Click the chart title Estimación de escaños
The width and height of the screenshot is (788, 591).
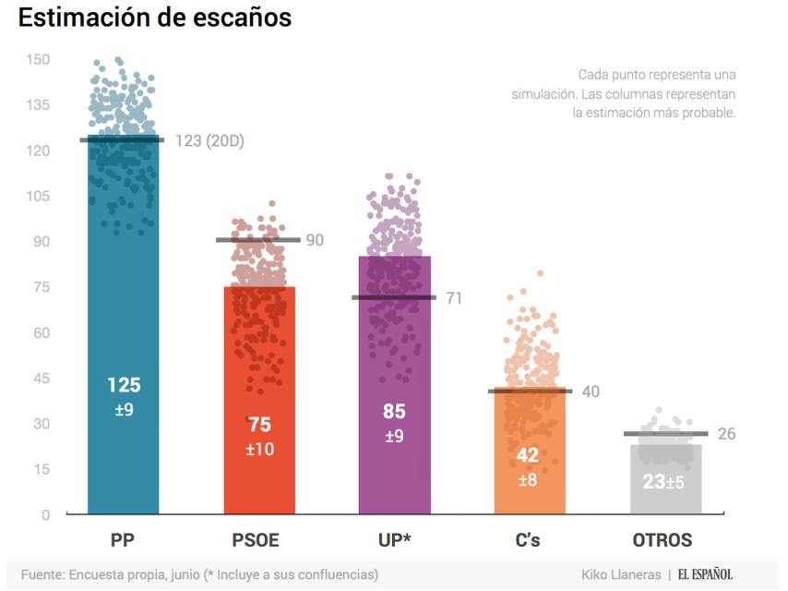click(155, 18)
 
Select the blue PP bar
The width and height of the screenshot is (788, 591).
click(124, 323)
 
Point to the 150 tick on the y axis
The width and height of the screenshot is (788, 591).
click(38, 60)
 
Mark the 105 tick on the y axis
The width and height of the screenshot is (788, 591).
click(38, 197)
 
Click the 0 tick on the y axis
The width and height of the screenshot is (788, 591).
click(45, 514)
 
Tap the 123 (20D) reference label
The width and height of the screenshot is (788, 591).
click(209, 141)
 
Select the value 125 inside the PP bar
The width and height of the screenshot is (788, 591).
click(124, 385)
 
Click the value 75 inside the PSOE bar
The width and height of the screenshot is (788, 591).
click(259, 425)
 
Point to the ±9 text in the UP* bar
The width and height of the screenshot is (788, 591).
click(395, 436)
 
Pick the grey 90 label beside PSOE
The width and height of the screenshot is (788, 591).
click(315, 240)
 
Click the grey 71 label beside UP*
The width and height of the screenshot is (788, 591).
click(453, 298)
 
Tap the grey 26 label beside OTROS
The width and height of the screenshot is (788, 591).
click(726, 434)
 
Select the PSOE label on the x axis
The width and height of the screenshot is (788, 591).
click(255, 541)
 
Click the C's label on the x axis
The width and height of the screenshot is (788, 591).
click(528, 541)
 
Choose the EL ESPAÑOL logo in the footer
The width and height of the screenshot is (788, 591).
click(705, 574)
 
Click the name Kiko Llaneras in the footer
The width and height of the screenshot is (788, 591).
click(621, 574)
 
